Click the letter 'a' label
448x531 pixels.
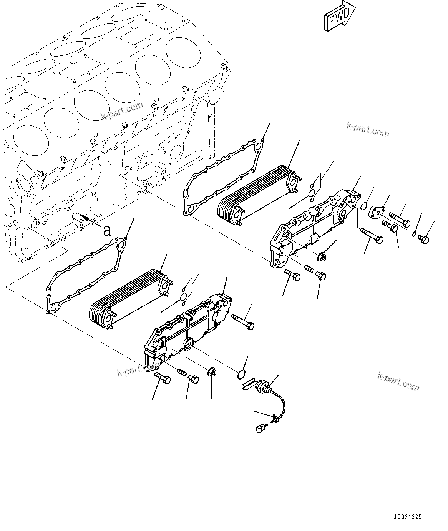tap(106, 231)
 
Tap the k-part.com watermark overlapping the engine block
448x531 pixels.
tap(122, 111)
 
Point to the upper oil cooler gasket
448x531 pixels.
tap(223, 177)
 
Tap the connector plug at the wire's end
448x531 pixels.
tap(261, 428)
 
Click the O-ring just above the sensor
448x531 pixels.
tap(241, 373)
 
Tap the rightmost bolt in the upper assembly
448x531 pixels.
tap(423, 239)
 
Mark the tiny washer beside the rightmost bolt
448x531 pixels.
tap(414, 234)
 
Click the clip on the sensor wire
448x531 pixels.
tap(274, 419)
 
